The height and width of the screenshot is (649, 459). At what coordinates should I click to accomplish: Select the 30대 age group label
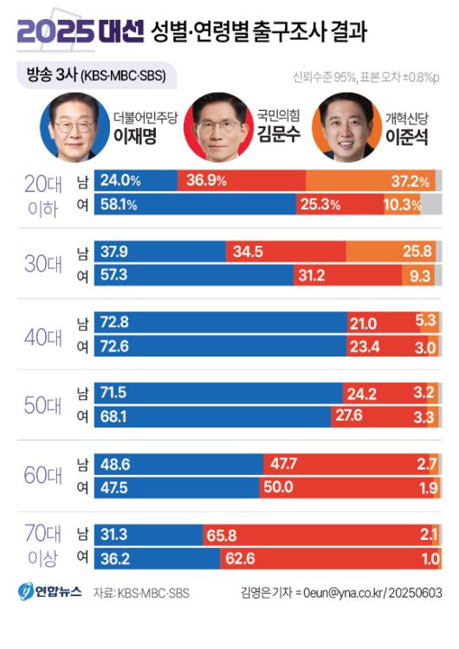(42, 264)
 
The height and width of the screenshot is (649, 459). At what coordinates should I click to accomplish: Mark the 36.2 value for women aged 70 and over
(115, 560)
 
